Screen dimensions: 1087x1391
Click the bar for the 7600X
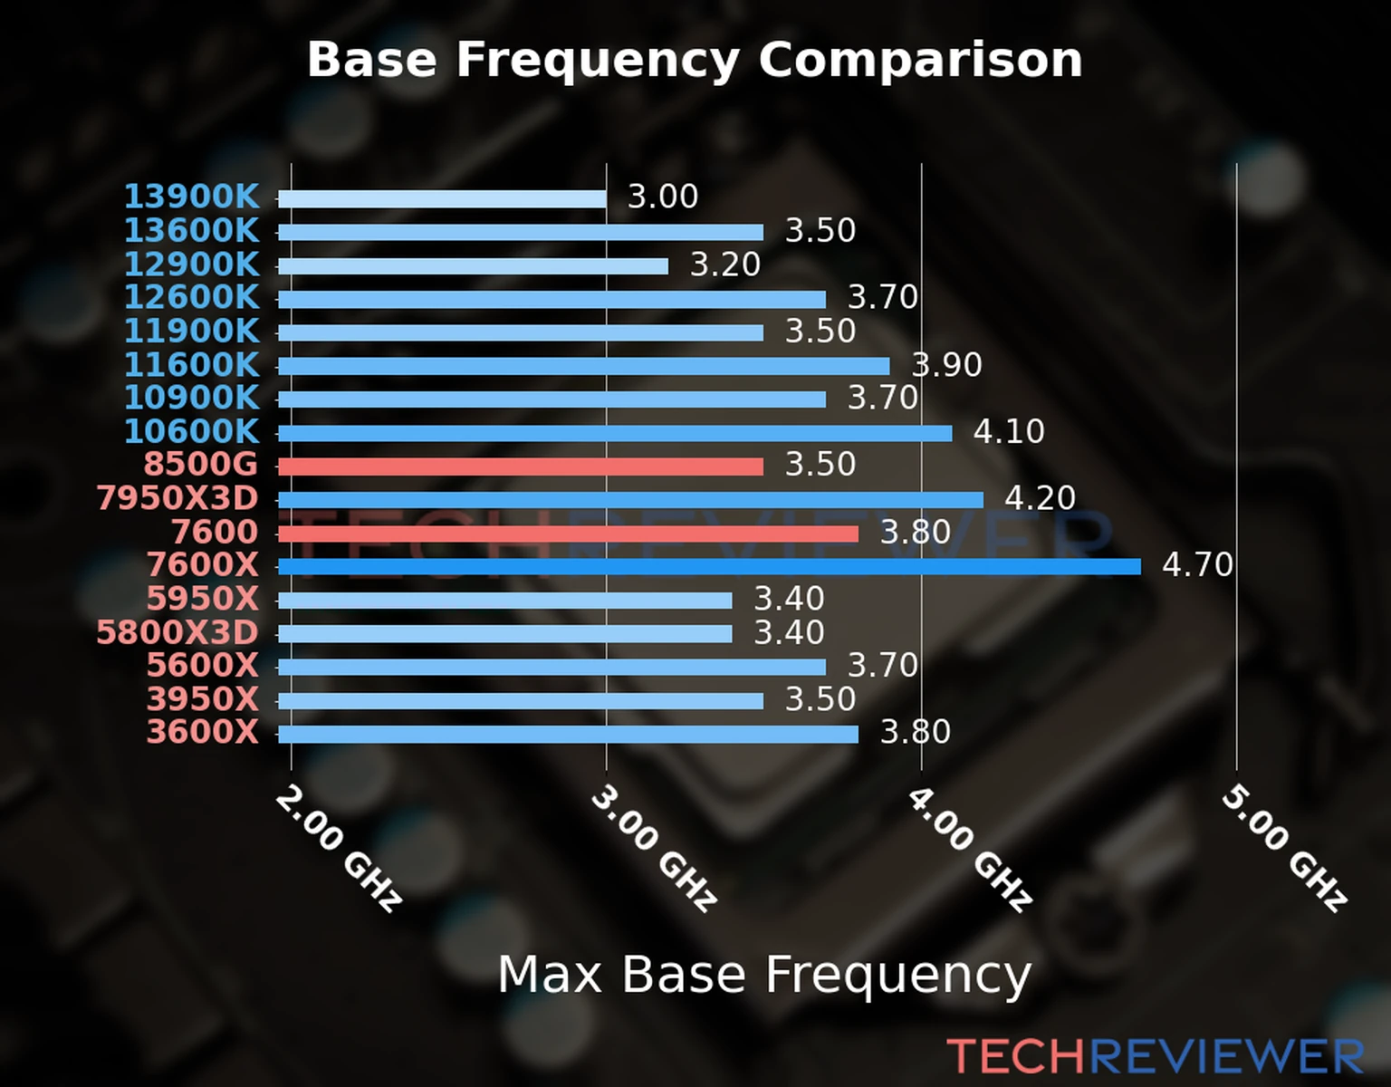coord(709,567)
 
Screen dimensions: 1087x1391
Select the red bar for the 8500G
coord(521,467)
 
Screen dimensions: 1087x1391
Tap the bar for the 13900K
coord(442,199)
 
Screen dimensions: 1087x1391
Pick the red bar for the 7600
coord(568,534)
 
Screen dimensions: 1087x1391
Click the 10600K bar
coord(615,433)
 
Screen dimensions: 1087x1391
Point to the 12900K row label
coord(191,265)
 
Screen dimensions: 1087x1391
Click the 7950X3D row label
coord(177,498)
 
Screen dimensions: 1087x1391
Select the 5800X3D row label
coord(177,632)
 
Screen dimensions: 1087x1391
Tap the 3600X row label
coord(203,732)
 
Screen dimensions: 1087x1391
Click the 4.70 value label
coord(1197,565)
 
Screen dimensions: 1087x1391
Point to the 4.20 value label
coord(1040,498)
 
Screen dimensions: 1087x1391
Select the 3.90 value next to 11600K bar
coord(946,365)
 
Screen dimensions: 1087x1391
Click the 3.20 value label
coord(725,265)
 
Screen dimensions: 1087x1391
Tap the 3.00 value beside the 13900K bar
coord(663,197)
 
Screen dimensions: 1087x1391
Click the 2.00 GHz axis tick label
coord(338,848)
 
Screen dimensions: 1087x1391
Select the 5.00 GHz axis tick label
coord(1284,848)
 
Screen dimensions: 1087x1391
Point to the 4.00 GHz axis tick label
coord(969,848)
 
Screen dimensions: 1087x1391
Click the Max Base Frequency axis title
coord(764,975)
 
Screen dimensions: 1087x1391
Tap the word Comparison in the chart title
coord(920,60)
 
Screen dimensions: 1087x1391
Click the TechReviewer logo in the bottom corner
coord(1155,1056)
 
